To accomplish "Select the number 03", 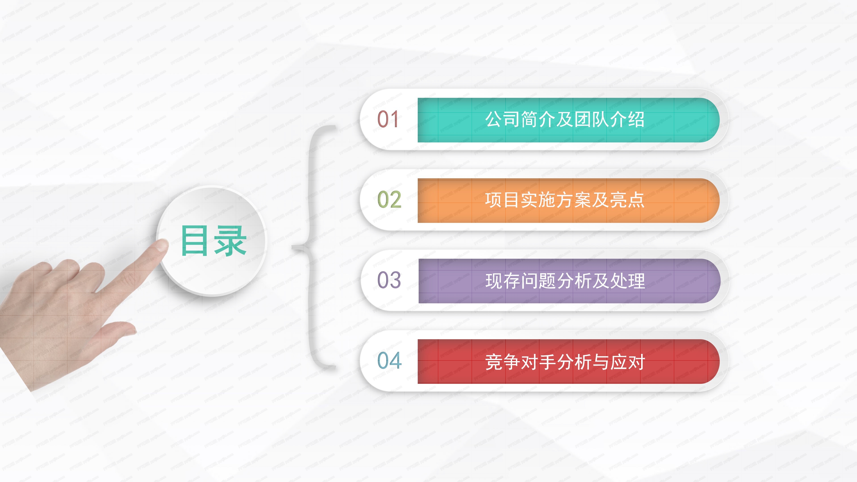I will point(389,280).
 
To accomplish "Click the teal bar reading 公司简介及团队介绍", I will point(568,120).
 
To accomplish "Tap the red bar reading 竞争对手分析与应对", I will point(568,361).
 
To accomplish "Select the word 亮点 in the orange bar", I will point(627,200).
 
